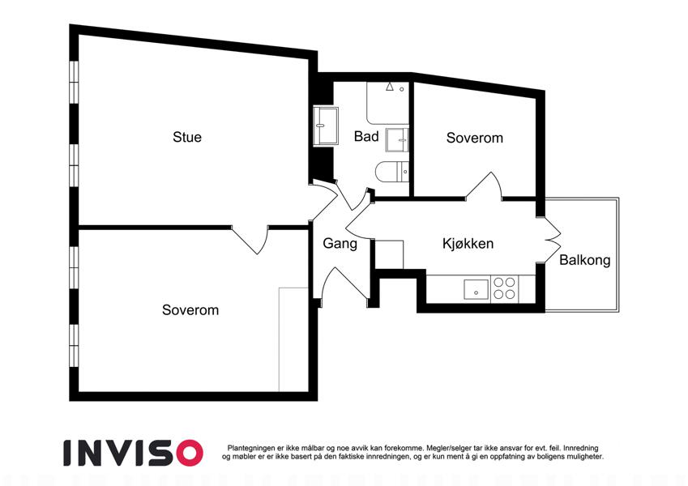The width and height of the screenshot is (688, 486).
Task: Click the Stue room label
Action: pyautogui.click(x=187, y=137)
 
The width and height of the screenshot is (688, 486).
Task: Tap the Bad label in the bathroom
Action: pyautogui.click(x=366, y=137)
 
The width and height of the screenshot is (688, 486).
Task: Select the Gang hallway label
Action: pyautogui.click(x=340, y=243)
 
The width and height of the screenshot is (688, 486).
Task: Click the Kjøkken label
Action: pyautogui.click(x=468, y=243)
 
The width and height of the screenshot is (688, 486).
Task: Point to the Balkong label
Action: pyautogui.click(x=584, y=261)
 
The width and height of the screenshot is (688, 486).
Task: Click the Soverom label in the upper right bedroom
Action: pyautogui.click(x=474, y=138)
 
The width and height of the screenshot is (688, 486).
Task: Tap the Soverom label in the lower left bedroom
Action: pyautogui.click(x=190, y=309)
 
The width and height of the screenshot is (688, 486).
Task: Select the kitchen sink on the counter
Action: pyautogui.click(x=475, y=288)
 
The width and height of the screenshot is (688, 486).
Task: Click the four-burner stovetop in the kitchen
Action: pyautogui.click(x=505, y=288)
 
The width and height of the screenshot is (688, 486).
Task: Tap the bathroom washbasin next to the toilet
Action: pyautogui.click(x=398, y=139)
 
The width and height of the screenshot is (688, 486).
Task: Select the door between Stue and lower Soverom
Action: pyautogui.click(x=250, y=240)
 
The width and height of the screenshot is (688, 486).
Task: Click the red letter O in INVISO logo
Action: pyautogui.click(x=188, y=452)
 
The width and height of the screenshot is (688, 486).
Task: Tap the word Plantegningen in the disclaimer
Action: pyautogui.click(x=252, y=448)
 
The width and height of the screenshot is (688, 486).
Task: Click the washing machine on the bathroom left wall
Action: pyautogui.click(x=326, y=126)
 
